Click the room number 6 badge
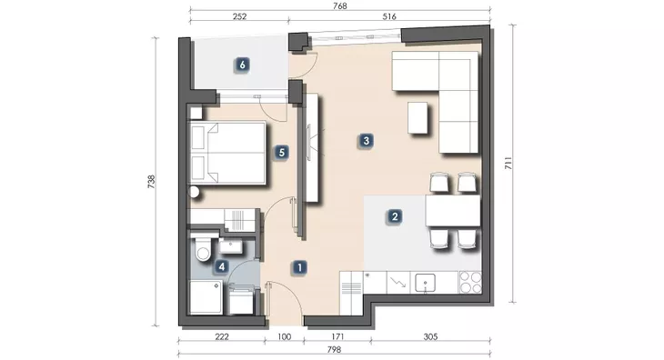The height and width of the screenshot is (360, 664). pyautogui.click(x=242, y=65)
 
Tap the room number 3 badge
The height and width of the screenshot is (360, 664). pyautogui.click(x=367, y=140)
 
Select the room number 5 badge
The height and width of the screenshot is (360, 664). pyautogui.click(x=282, y=153)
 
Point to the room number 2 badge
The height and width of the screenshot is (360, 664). pyautogui.click(x=395, y=216)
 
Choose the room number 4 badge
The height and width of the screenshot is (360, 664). pyautogui.click(x=221, y=266)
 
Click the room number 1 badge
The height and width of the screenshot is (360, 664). pyautogui.click(x=300, y=267)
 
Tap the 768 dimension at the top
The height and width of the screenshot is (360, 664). pyautogui.click(x=340, y=6)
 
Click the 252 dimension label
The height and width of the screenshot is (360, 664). pyautogui.click(x=240, y=16)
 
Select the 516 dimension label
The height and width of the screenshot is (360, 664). pyautogui.click(x=389, y=16)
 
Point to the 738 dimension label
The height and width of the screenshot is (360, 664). pyautogui.click(x=152, y=182)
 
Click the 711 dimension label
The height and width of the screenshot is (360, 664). pyautogui.click(x=508, y=163)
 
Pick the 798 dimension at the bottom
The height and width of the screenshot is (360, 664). pyautogui.click(x=334, y=349)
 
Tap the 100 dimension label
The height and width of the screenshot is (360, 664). pyautogui.click(x=284, y=336)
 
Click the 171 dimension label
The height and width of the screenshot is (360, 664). pyautogui.click(x=337, y=336)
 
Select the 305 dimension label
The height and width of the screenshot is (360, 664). pyautogui.click(x=430, y=336)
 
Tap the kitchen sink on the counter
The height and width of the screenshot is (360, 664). pyautogui.click(x=425, y=283)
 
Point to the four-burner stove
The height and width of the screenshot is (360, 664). pyautogui.click(x=470, y=282)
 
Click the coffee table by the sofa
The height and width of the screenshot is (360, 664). pyautogui.click(x=418, y=117)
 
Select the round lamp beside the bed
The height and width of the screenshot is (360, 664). pyautogui.click(x=194, y=193)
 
